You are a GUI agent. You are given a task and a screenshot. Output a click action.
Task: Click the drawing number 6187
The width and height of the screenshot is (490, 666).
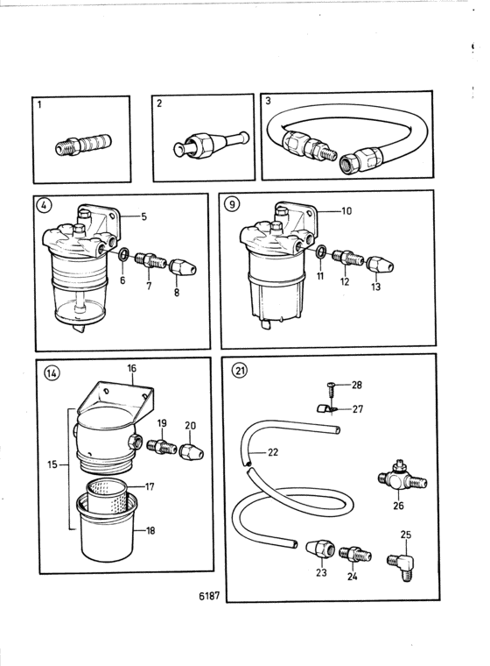(x=209, y=596)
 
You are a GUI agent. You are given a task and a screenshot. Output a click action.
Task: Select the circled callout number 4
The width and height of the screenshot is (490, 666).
(x=44, y=205)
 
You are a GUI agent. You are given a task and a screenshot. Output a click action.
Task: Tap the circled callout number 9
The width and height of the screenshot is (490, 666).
(x=232, y=205)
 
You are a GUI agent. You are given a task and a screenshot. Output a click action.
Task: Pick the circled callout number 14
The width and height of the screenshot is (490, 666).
(x=52, y=374)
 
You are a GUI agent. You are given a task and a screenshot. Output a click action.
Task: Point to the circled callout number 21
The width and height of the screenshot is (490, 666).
(x=240, y=371)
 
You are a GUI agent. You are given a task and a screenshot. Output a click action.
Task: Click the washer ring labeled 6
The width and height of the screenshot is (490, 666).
(x=123, y=255)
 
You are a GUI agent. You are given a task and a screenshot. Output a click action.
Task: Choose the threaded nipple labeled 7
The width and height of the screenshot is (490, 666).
(x=149, y=259)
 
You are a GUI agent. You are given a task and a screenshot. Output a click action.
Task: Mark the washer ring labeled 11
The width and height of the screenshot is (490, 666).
(x=321, y=251)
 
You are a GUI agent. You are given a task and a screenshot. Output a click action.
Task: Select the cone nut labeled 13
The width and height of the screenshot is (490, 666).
(x=380, y=264)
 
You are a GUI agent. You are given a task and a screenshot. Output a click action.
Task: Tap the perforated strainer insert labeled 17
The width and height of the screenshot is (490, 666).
(x=108, y=496)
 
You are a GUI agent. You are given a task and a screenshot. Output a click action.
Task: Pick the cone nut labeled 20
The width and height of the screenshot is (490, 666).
(x=192, y=452)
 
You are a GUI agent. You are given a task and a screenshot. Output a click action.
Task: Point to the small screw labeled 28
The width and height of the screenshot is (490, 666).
(x=332, y=388)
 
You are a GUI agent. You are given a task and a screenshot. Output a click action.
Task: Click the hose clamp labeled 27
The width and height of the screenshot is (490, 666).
(x=327, y=409)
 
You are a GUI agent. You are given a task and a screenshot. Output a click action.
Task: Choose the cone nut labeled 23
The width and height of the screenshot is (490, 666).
(x=320, y=549)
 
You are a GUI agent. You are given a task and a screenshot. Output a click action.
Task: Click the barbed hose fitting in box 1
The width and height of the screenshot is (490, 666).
(x=84, y=145)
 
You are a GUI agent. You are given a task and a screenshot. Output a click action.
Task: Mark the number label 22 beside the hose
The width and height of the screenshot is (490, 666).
(x=273, y=452)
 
